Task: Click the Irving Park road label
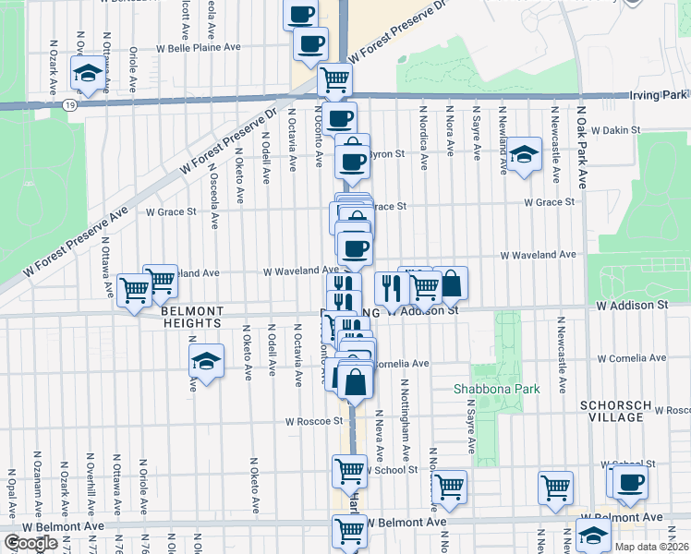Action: (x=659, y=95)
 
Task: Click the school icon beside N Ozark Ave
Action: (x=88, y=74)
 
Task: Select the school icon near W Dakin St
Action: (x=523, y=154)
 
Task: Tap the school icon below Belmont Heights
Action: (x=206, y=362)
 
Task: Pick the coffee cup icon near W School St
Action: (x=632, y=481)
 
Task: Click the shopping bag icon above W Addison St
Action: (x=451, y=284)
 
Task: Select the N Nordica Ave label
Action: (x=423, y=148)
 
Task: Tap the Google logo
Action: (x=30, y=543)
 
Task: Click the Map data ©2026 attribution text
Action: (x=651, y=547)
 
